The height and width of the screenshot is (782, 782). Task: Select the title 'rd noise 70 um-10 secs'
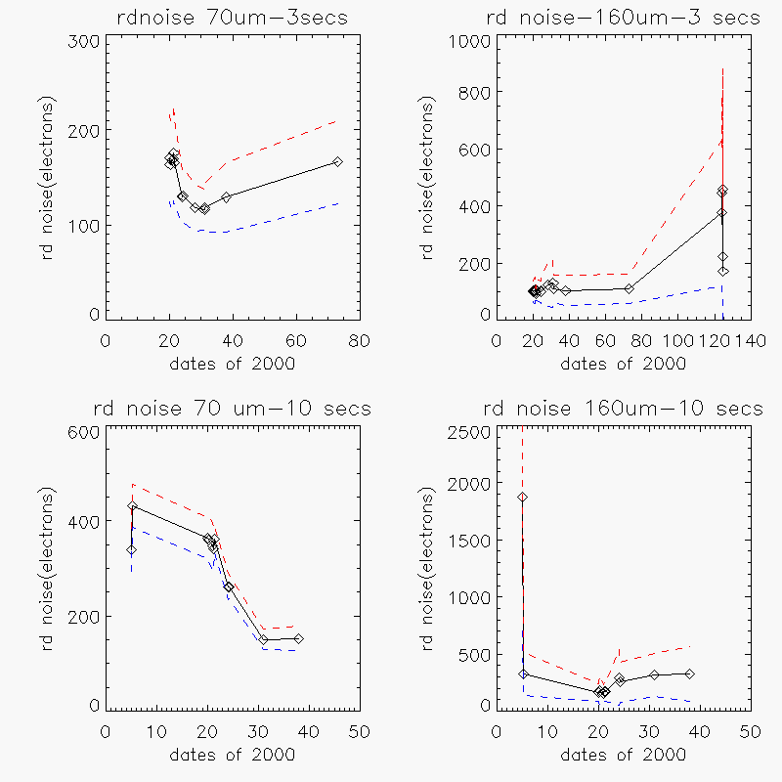[231, 409]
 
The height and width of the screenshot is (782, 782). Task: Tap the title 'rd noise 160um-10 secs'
[622, 409]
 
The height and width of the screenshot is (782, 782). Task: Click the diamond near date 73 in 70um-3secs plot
[337, 161]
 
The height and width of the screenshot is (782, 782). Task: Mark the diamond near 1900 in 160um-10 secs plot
[523, 497]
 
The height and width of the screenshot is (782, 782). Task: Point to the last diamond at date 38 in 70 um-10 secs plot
[299, 638]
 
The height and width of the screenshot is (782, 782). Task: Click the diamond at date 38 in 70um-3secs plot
[227, 196]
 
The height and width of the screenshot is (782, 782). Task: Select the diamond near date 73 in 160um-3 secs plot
[630, 288]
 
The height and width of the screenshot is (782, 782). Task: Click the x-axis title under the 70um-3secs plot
[231, 364]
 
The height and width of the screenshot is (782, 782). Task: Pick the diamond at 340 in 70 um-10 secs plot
[131, 549]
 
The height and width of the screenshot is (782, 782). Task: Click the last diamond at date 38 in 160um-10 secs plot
[690, 673]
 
